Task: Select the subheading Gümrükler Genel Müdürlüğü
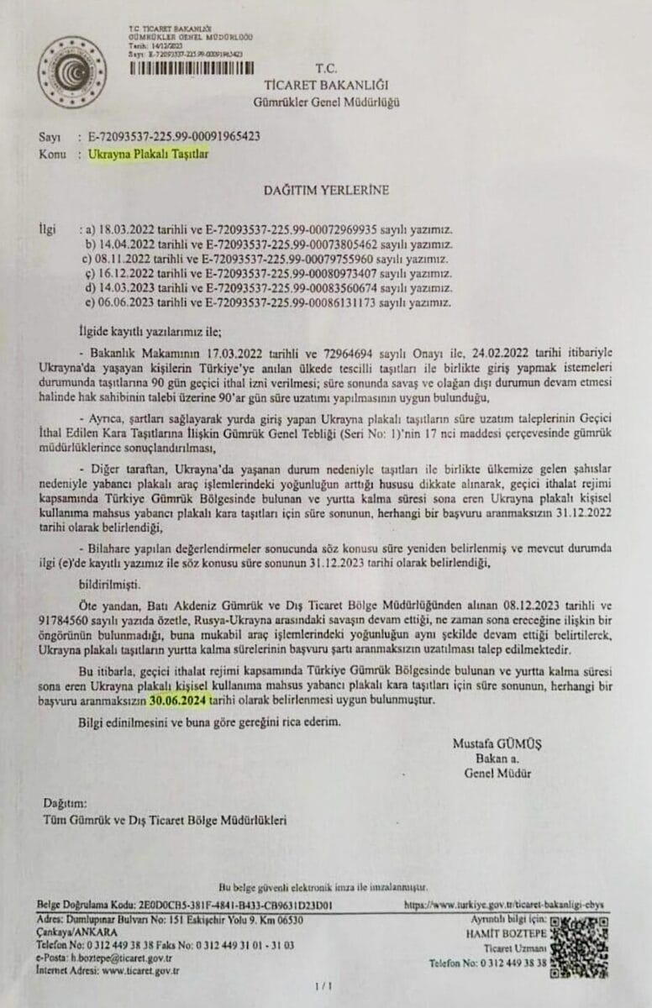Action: (327, 102)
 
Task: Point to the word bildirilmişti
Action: (113, 580)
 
